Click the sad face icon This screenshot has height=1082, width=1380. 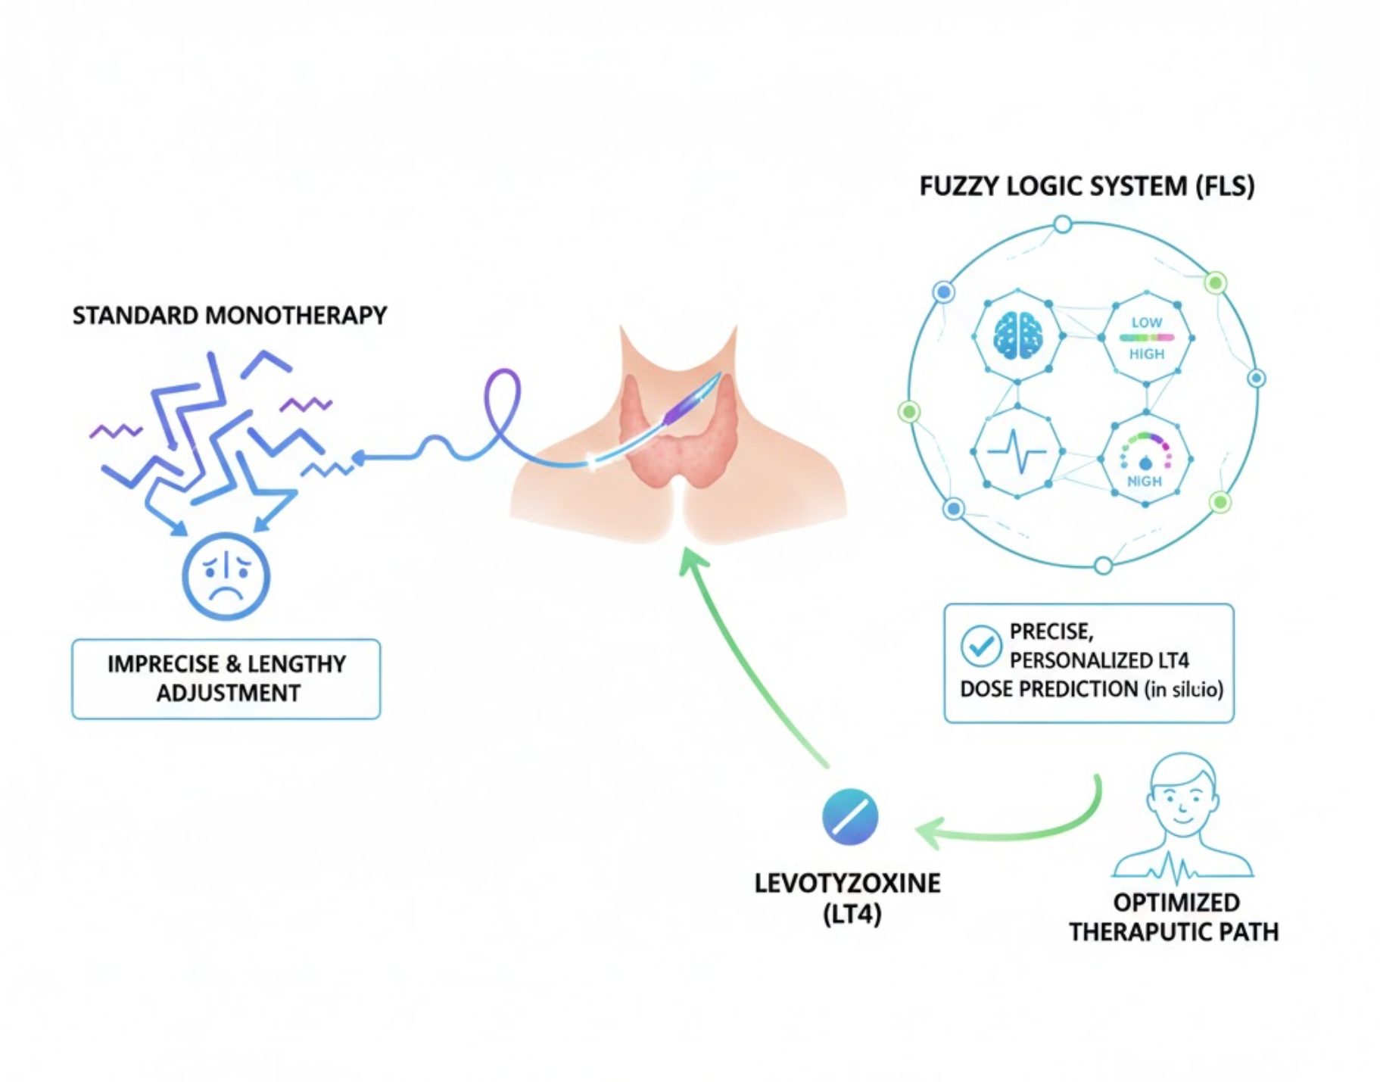pos(226,575)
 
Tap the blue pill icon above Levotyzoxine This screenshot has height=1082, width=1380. pos(850,817)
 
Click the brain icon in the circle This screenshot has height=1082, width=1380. pos(1018,335)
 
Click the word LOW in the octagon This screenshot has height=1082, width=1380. pos(1146,323)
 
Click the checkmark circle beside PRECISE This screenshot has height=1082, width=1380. pos(980,646)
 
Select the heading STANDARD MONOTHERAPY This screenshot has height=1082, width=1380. pos(229,315)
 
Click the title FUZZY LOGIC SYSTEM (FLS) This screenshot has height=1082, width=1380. pos(1086,186)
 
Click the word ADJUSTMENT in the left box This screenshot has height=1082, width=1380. pos(228,693)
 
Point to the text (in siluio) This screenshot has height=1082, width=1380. pos(1184,690)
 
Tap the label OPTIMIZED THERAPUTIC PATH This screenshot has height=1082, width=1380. pos(1173,917)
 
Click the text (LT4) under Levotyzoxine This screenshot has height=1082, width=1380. pos(852,915)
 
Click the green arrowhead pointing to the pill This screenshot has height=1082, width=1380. pos(931,832)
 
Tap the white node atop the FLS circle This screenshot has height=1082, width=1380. pos(1063,224)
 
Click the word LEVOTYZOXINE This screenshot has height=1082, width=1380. pos(847,883)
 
